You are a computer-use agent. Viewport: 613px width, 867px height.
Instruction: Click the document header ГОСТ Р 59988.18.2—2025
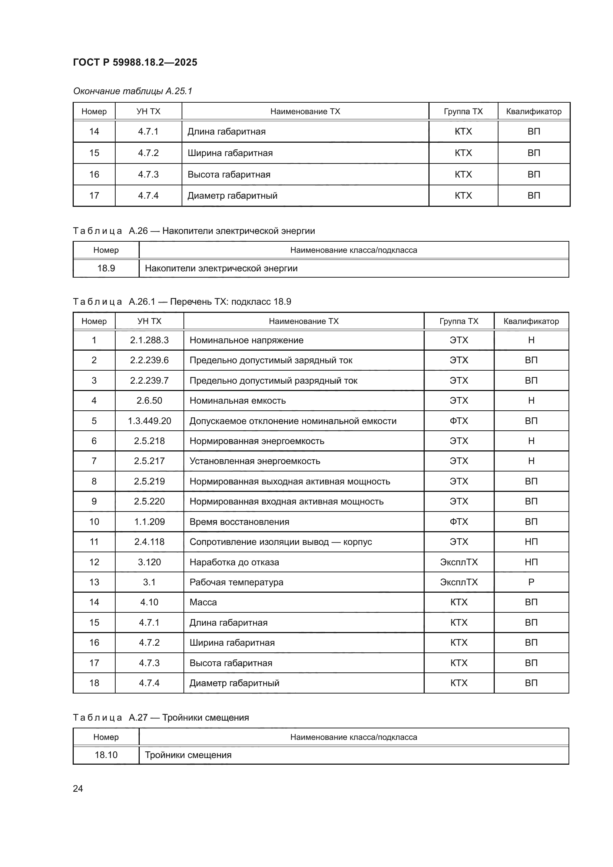coord(135,62)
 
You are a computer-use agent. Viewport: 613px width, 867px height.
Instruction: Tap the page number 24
coord(78,788)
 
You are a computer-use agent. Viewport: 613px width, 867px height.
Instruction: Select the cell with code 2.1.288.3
coord(149,340)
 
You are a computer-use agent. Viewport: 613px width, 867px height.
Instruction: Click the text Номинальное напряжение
coord(246,340)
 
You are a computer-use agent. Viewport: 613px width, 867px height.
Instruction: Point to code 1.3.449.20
coord(149,421)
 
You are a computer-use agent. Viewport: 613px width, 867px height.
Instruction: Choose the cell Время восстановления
coord(239,522)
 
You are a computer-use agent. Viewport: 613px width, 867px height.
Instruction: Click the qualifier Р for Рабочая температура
coord(531,582)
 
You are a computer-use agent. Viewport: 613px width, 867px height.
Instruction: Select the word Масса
coord(203,602)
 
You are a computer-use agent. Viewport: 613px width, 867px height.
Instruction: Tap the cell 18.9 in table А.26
coord(106,268)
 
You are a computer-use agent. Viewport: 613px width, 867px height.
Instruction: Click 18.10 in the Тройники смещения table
coord(106,755)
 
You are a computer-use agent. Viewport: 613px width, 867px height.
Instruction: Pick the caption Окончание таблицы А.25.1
coord(132,91)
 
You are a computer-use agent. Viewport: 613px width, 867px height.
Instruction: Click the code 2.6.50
coord(149,401)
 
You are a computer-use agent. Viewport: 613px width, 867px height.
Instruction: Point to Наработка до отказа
coord(234,562)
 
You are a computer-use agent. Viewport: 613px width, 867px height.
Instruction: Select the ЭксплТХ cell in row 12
coord(458,562)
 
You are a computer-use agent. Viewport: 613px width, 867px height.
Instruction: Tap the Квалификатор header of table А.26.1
coord(531,321)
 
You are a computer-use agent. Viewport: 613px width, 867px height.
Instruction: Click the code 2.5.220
coord(149,502)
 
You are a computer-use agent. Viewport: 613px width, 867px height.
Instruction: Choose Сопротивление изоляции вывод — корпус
coord(281,542)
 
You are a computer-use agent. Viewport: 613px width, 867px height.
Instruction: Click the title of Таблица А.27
coord(160,718)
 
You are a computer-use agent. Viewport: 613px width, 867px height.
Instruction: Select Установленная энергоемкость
coord(254,461)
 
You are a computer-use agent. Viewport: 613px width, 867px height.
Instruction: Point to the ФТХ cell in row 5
coord(458,421)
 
